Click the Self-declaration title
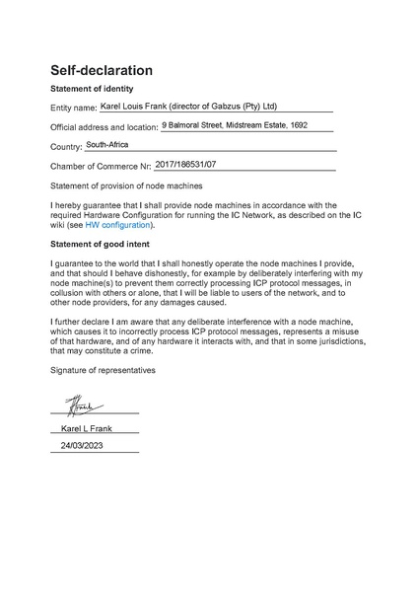(x=102, y=71)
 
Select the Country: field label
(x=66, y=147)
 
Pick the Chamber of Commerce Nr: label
(x=101, y=167)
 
